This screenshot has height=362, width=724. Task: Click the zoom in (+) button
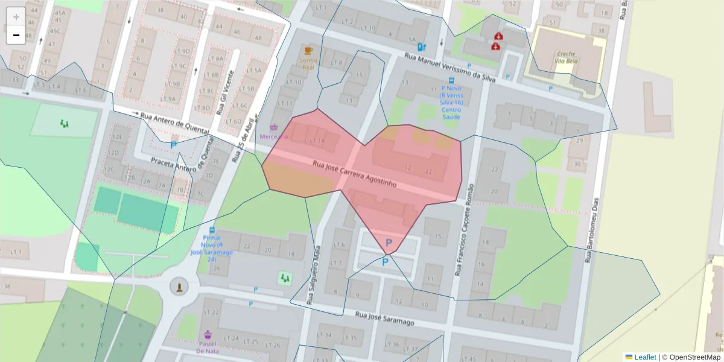(16, 17)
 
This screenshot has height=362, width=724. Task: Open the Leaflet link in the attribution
(644, 357)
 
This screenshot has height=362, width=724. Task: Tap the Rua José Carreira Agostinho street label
(354, 174)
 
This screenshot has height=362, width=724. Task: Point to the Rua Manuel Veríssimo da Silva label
(450, 67)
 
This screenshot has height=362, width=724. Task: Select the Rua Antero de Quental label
(174, 122)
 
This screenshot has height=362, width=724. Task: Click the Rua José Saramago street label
(384, 319)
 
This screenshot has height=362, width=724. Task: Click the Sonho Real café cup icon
(309, 50)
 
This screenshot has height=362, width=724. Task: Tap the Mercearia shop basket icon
(274, 127)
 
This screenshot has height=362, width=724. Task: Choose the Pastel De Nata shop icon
(208, 334)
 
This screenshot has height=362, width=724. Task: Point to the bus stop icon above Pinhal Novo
(212, 230)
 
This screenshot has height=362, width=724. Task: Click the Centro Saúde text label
(451, 113)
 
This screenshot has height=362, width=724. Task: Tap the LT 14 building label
(317, 141)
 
